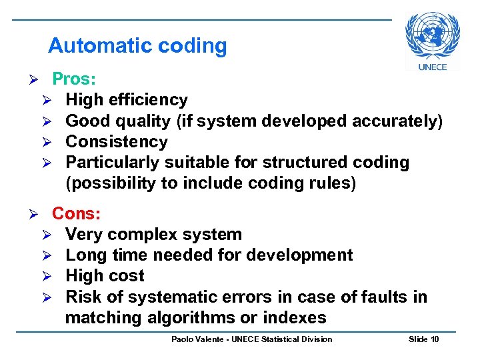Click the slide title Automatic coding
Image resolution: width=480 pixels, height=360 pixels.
point(137,46)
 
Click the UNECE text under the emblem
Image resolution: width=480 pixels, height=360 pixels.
point(432,67)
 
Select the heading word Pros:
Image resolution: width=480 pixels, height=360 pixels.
point(74,79)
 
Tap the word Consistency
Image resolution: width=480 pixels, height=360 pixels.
point(117,141)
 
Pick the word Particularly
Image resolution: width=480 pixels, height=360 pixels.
point(113,162)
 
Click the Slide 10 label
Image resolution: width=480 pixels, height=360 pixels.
point(423,339)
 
